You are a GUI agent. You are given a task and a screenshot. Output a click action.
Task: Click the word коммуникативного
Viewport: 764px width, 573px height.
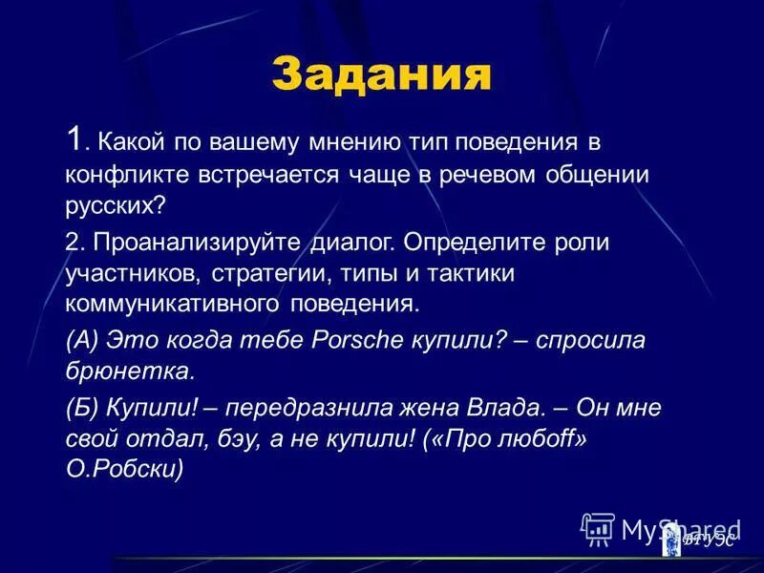point(172,307)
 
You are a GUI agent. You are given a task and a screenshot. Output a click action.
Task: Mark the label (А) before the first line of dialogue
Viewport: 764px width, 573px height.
point(83,340)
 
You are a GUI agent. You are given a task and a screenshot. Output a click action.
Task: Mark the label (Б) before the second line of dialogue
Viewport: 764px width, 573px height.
point(83,407)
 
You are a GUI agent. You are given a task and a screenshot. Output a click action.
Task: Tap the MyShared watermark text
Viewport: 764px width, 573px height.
point(680,529)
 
